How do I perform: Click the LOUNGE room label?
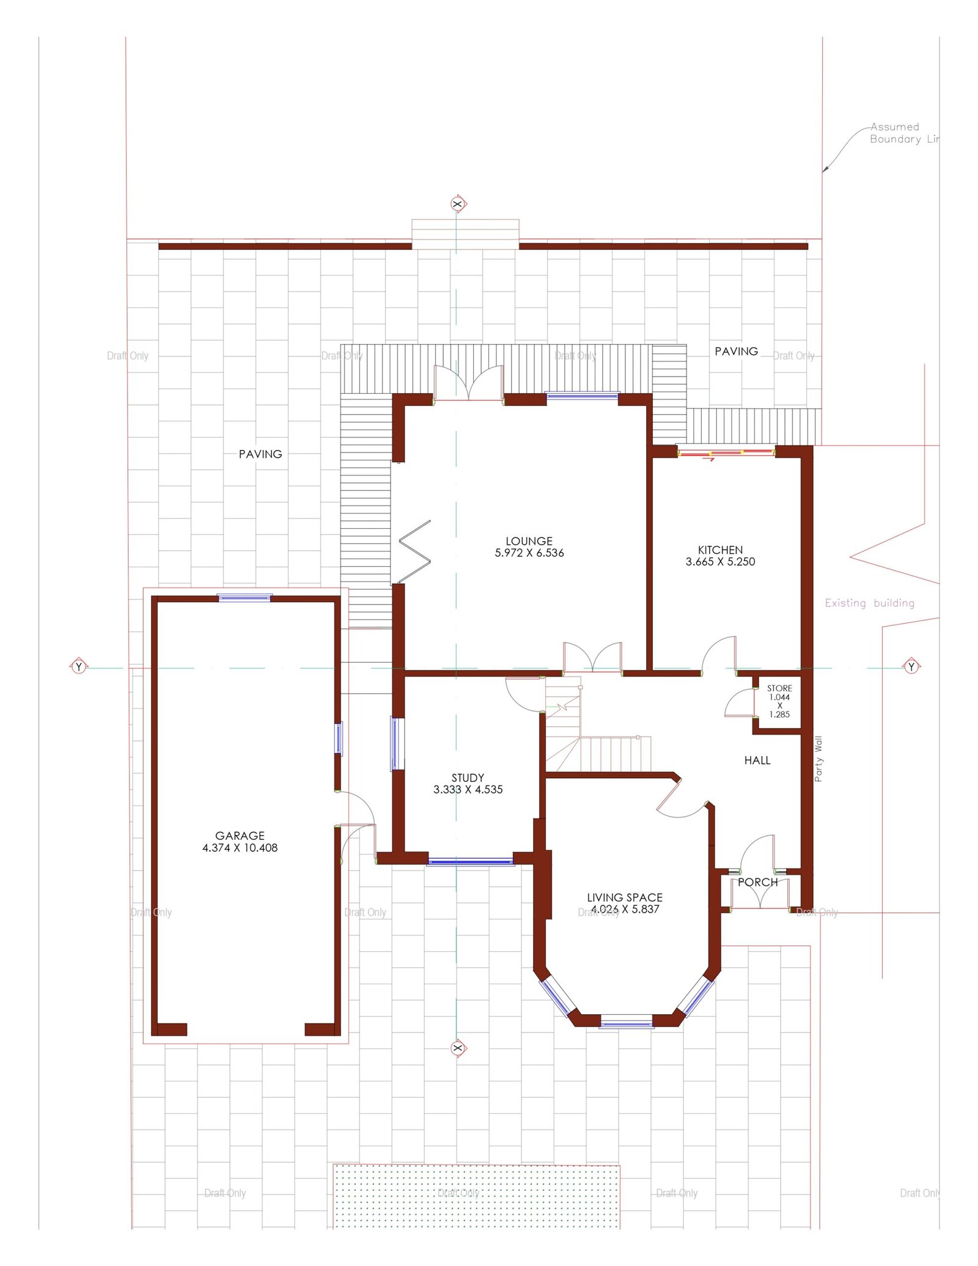point(529,541)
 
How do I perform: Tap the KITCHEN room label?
point(720,550)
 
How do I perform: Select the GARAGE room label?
point(240,835)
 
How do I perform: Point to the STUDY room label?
point(468,778)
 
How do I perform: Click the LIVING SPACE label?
point(624,897)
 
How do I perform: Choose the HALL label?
point(757,760)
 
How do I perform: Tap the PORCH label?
point(757,882)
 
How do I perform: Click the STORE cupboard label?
point(779,688)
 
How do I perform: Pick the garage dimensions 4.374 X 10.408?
point(240,848)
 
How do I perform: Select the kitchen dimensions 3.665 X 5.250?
point(720,562)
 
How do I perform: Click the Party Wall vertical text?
point(818,759)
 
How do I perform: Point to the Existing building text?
point(869,603)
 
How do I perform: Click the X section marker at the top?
point(457,204)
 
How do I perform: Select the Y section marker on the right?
point(911,666)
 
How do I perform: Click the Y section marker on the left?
point(78,666)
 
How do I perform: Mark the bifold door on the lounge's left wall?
point(414,551)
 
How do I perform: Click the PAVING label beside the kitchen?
point(736,351)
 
